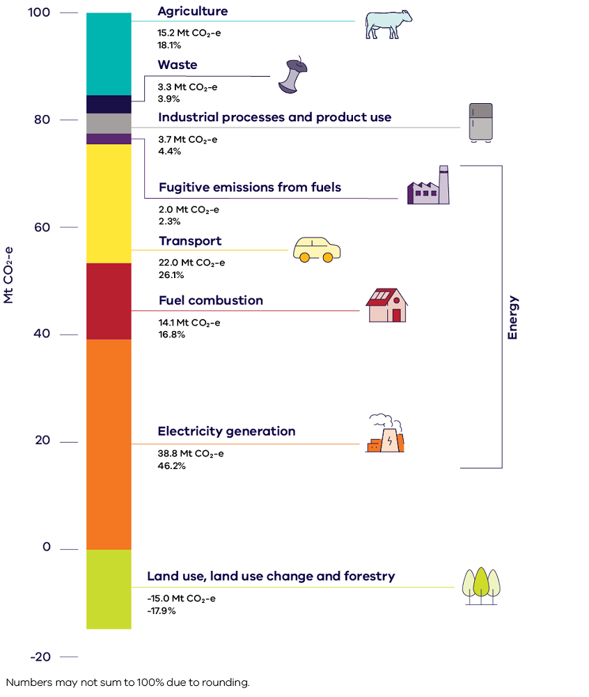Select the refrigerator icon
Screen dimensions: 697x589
pos(480,123)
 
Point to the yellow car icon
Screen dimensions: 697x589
pos(317,249)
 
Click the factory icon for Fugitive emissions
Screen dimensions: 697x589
pos(429,186)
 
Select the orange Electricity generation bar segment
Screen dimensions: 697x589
pos(109,444)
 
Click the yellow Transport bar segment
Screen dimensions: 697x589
pos(109,204)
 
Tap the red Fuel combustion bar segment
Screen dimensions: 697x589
pos(109,301)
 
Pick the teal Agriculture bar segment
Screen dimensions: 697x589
pos(109,54)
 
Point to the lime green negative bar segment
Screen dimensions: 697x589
pos(109,589)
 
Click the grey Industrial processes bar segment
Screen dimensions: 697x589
pos(109,123)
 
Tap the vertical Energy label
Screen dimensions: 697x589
pos(512,318)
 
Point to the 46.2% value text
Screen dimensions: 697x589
pos(172,466)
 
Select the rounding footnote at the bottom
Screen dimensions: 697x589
pos(127,682)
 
